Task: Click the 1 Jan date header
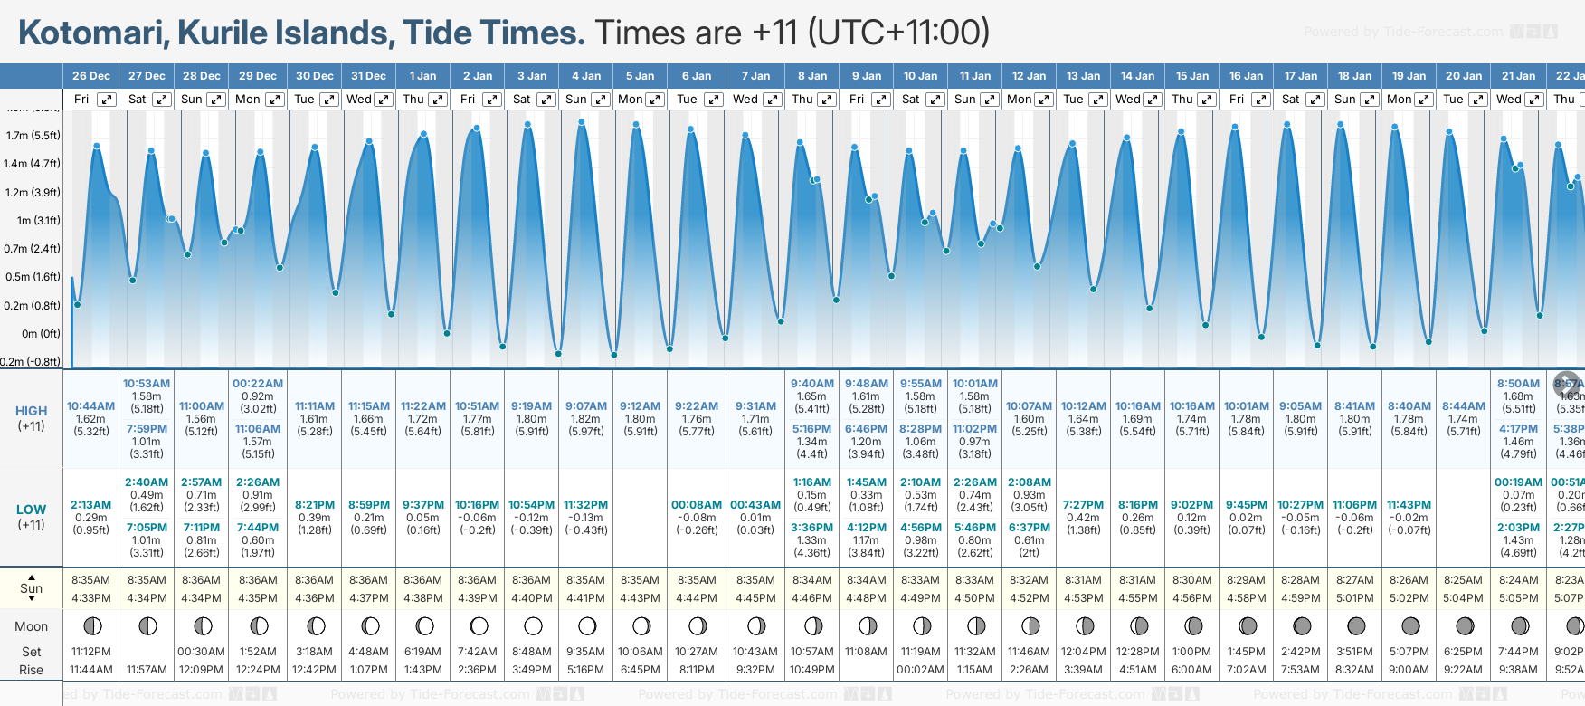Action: pyautogui.click(x=422, y=76)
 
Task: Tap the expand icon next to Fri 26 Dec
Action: pyautogui.click(x=107, y=100)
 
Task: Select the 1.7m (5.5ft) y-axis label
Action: pyautogui.click(x=33, y=136)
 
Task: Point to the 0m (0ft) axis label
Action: pyautogui.click(x=42, y=334)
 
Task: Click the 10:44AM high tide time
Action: pyautogui.click(x=90, y=406)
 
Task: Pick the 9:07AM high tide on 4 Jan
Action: pyautogui.click(x=586, y=406)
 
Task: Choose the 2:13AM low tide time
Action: pyautogui.click(x=90, y=505)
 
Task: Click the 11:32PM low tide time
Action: pyautogui.click(x=586, y=505)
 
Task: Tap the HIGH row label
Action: pyautogui.click(x=32, y=411)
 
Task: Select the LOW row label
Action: pyautogui.click(x=32, y=510)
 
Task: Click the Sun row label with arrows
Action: pyautogui.click(x=32, y=588)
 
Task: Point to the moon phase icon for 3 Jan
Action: pyautogui.click(x=533, y=625)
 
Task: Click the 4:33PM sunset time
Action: pyautogui.click(x=90, y=598)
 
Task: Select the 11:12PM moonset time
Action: pyautogui.click(x=90, y=652)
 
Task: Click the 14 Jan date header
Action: pyautogui.click(x=1137, y=76)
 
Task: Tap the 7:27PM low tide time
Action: pyautogui.click(x=1083, y=505)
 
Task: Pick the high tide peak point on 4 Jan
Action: pyautogui.click(x=582, y=121)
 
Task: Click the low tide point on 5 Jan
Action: pyautogui.click(x=614, y=355)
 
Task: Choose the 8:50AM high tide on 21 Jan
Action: pyautogui.click(x=1518, y=384)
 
